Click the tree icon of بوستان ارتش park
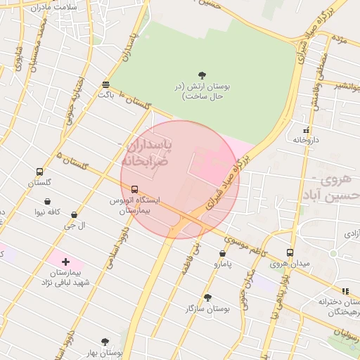coord(202,75)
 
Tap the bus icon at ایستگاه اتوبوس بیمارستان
coord(134,189)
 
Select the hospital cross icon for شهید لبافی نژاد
coord(66,262)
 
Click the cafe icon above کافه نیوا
coord(47,201)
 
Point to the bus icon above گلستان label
coord(39,172)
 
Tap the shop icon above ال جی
coord(74,215)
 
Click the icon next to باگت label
coord(105,84)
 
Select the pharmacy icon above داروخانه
coord(306,130)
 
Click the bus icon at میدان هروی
coord(290,253)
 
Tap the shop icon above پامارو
coord(223,254)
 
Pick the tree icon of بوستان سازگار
coord(207,297)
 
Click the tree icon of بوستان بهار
coord(105,342)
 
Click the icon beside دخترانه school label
coord(345,291)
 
